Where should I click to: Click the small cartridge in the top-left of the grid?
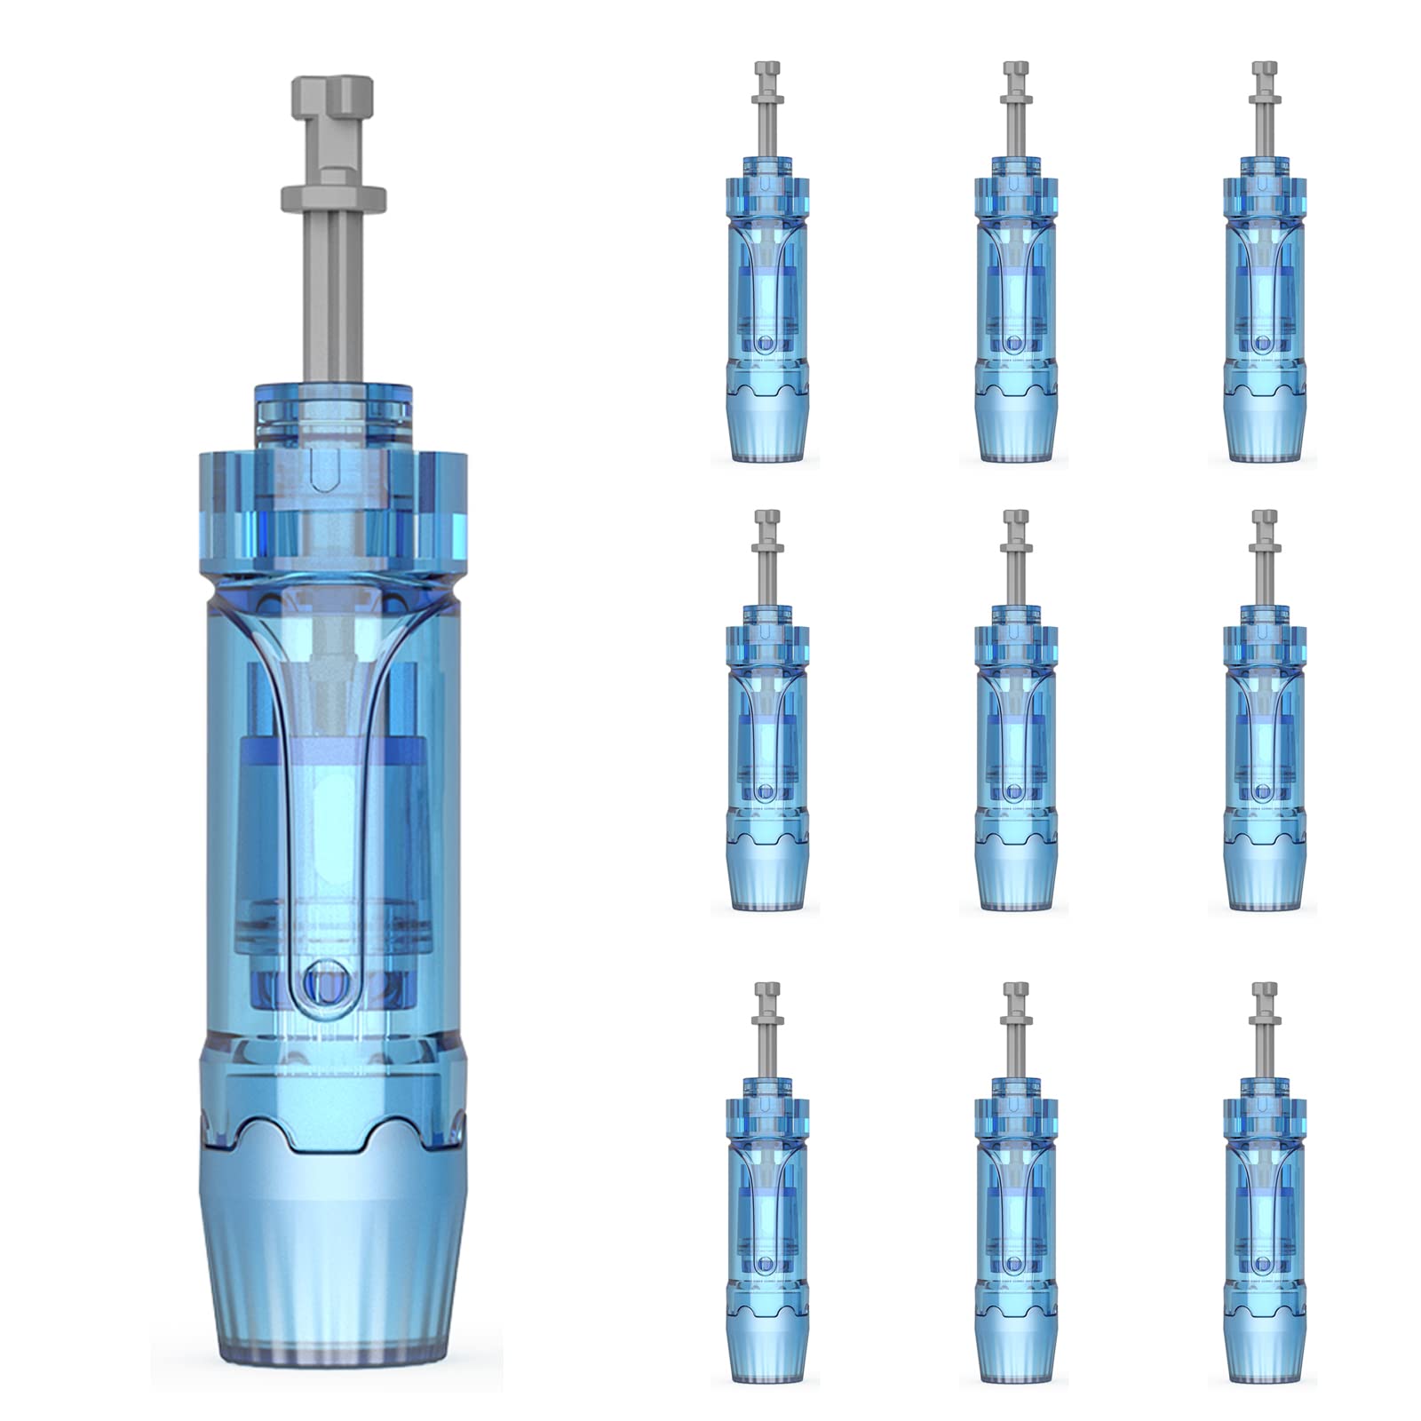tap(766, 293)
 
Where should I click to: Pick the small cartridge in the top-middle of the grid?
tap(1015, 293)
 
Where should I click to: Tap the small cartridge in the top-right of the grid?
tap(1264, 293)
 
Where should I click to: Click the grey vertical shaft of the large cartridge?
tap(332, 293)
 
